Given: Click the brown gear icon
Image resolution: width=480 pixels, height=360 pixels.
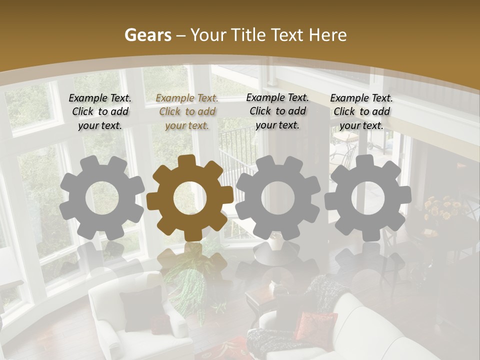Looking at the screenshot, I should [x=190, y=198].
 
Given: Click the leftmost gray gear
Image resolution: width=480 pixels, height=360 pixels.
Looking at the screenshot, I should [x=102, y=198].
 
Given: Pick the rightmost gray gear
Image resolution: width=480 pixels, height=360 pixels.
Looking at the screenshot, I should [x=367, y=198].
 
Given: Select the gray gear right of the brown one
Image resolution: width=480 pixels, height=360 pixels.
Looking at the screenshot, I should [x=277, y=198].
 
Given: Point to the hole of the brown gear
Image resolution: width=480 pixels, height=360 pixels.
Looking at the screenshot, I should [x=190, y=198].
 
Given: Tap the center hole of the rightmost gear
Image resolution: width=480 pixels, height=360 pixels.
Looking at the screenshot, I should [x=367, y=198].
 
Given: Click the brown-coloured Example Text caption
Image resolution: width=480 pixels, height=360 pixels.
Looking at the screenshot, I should [x=187, y=111].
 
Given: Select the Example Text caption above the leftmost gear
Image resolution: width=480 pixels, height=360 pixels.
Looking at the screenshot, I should [x=100, y=111].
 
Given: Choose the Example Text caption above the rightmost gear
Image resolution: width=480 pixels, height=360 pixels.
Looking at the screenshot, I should [x=361, y=111].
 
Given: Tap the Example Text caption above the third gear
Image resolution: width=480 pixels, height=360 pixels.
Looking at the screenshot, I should [x=277, y=111].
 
